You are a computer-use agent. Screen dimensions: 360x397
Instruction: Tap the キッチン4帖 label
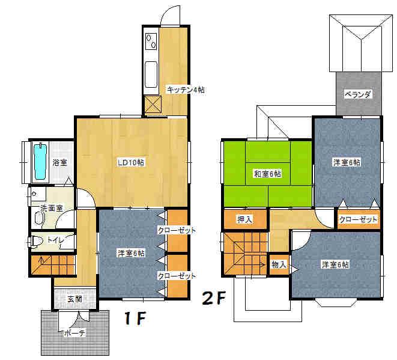coord(186,90)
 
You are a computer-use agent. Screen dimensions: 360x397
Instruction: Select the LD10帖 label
coord(130,162)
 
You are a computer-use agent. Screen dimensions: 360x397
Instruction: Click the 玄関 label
coord(74,299)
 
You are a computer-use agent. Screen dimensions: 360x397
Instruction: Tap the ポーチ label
coord(74,332)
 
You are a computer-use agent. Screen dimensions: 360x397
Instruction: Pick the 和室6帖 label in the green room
coord(267,174)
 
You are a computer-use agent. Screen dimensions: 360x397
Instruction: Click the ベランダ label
coord(358,94)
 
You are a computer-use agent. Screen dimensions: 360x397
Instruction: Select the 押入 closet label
coord(244,219)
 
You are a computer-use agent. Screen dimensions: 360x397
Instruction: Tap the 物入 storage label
coord(279,264)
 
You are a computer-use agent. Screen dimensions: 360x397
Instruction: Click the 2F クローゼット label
coord(359,219)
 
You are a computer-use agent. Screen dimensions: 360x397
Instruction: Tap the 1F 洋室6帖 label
coord(130,254)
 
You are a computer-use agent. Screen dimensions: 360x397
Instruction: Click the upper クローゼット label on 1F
coord(177,230)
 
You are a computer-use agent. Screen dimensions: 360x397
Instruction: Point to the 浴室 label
coord(59,162)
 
